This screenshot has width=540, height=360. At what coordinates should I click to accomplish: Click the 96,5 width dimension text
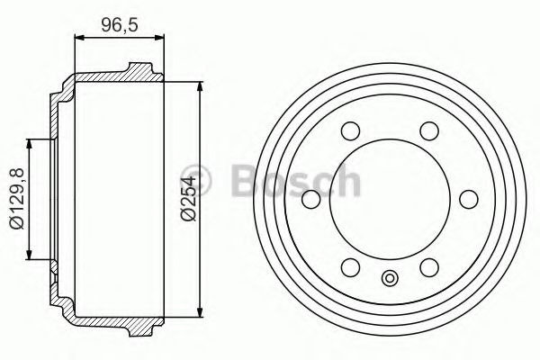click(x=120, y=24)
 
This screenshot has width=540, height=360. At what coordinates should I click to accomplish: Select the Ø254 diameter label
click(x=188, y=198)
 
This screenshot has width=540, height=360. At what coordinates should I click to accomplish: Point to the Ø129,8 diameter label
click(x=16, y=199)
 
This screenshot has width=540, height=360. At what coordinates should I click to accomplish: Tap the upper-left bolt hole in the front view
click(x=351, y=130)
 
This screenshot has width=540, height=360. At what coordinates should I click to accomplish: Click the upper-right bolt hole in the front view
click(x=429, y=130)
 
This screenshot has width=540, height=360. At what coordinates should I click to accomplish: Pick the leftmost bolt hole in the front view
click(x=311, y=199)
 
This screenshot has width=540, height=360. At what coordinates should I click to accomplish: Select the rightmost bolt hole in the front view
click(x=469, y=199)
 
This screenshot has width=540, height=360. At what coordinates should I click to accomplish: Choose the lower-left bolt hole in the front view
click(x=351, y=267)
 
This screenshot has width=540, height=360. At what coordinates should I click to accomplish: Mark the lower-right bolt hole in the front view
click(x=429, y=267)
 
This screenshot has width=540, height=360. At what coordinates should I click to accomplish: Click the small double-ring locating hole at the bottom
click(x=390, y=278)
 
